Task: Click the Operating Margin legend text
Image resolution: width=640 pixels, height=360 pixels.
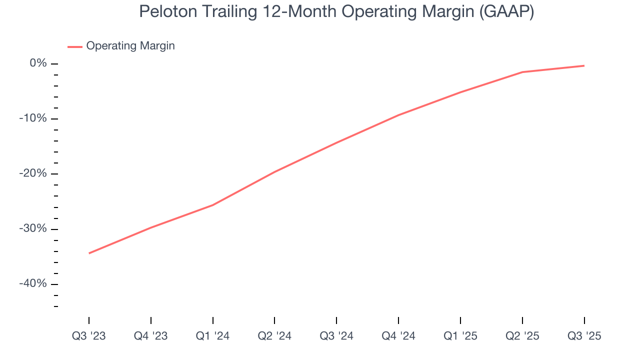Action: pos(130,46)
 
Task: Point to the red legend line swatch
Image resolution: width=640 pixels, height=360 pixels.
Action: pos(75,46)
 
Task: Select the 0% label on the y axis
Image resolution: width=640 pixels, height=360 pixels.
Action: pos(38,63)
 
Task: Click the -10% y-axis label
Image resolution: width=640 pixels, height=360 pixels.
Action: pos(33,118)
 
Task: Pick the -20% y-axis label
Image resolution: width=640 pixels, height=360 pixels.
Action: pos(33,173)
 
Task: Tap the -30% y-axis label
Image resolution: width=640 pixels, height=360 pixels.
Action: pos(33,228)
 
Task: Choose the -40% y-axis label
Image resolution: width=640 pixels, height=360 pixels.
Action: pos(33,283)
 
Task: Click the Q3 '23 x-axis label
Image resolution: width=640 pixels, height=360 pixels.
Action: pos(89,336)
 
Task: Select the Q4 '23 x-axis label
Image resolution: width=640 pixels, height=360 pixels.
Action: pos(150,336)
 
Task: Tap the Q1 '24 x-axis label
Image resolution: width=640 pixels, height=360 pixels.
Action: pos(212,336)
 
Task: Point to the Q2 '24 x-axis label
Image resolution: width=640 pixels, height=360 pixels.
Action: pos(274,336)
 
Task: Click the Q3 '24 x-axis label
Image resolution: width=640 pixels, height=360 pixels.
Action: pos(336,336)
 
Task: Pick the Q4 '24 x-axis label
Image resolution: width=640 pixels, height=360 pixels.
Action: pos(398,336)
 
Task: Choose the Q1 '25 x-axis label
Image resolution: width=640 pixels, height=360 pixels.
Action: pos(460,336)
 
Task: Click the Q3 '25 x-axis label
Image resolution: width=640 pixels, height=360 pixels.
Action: pos(584,336)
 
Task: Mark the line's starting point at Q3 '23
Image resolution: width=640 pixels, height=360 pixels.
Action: pos(89,253)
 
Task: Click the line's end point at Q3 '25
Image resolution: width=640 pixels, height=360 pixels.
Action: pos(584,65)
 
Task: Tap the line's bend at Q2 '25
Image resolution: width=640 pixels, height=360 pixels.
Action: pos(522,72)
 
